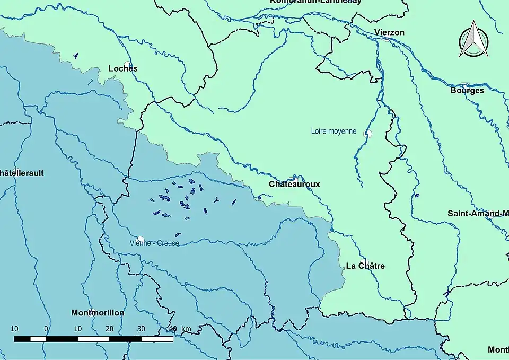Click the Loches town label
(x=122, y=68)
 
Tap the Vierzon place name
(x=389, y=32)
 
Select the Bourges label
(x=467, y=90)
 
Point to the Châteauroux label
(x=294, y=184)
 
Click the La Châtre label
(x=365, y=266)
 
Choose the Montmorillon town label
(x=98, y=313)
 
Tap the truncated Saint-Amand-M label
(x=478, y=214)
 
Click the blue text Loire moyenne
(x=334, y=131)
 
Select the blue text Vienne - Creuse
(x=154, y=243)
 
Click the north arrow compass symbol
(x=473, y=40)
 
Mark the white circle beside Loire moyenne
(x=367, y=133)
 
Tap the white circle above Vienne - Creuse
(x=141, y=239)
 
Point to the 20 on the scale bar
(x=109, y=329)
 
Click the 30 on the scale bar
(x=141, y=329)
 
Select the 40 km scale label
(x=180, y=329)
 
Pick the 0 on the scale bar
(x=46, y=329)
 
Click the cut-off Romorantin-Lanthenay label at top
(x=315, y=2)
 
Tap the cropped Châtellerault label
(x=22, y=173)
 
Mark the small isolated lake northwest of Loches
(x=76, y=55)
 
